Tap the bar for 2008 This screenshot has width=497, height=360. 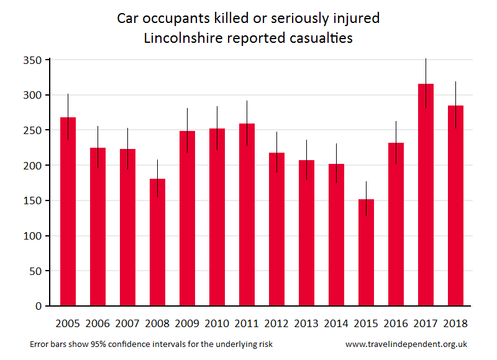[x=157, y=242]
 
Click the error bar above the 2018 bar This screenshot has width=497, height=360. [x=455, y=93]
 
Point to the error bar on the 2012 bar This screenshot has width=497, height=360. [x=276, y=142]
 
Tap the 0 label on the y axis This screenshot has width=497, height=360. [x=38, y=307]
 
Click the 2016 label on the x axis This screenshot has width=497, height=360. [x=396, y=323]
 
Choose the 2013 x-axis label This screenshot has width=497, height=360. [x=306, y=323]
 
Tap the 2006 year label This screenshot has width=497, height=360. [x=98, y=323]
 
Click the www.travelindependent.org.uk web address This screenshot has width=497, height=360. [x=406, y=344]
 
